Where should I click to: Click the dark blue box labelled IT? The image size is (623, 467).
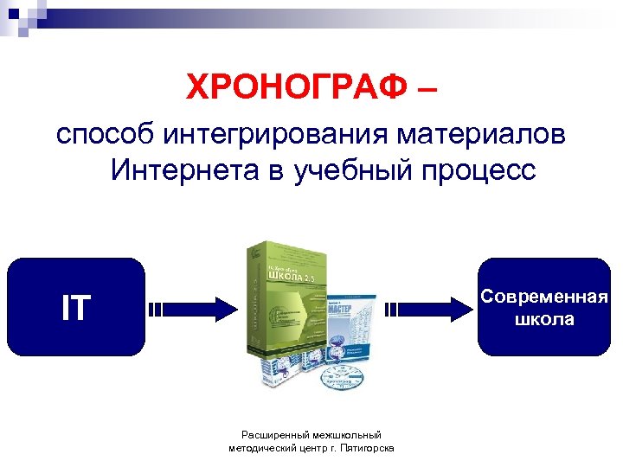[75, 307]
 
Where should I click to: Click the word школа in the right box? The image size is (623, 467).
[545, 319]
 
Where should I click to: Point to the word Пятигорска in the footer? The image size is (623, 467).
[369, 449]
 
